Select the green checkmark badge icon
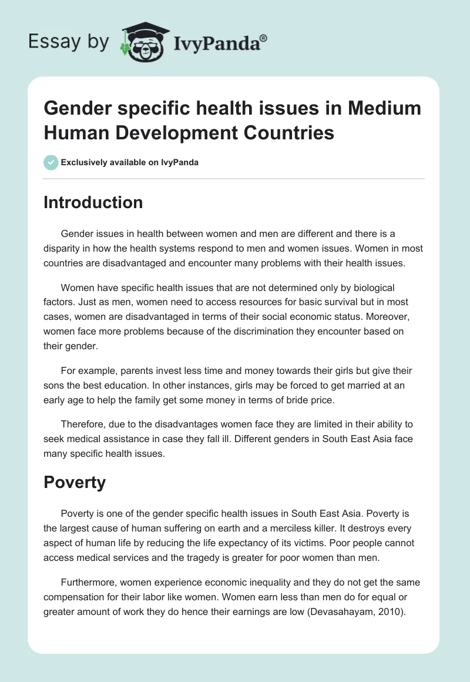(51, 162)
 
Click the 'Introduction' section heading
(93, 202)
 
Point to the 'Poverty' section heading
(75, 482)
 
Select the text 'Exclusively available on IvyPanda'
(130, 162)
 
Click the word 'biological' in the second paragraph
(373, 287)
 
